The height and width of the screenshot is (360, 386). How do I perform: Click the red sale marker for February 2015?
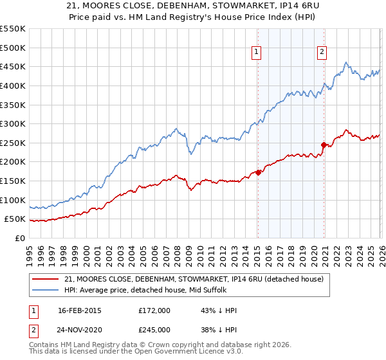(x=258, y=172)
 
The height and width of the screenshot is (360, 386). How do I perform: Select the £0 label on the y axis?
(x=21, y=238)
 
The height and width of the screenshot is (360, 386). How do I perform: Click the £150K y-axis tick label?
(x=13, y=181)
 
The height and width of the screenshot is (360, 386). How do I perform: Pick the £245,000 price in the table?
(x=154, y=329)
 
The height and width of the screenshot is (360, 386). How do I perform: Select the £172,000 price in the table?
(x=154, y=310)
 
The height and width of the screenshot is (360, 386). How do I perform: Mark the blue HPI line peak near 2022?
(x=345, y=62)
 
